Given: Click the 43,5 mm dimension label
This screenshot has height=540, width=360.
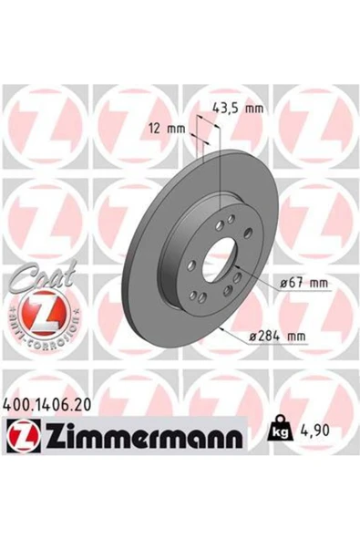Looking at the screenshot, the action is [x=238, y=109].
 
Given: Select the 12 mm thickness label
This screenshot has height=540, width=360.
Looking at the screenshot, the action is [x=167, y=129].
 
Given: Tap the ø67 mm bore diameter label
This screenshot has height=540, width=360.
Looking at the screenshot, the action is [x=303, y=284].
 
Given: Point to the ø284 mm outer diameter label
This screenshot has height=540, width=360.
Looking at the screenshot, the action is [x=277, y=335].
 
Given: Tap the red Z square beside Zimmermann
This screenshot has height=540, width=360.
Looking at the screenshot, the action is [x=23, y=436].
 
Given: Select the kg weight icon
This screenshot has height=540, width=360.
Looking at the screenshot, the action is [x=281, y=428].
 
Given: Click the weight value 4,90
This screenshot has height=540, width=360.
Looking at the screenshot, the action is [x=314, y=431].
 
